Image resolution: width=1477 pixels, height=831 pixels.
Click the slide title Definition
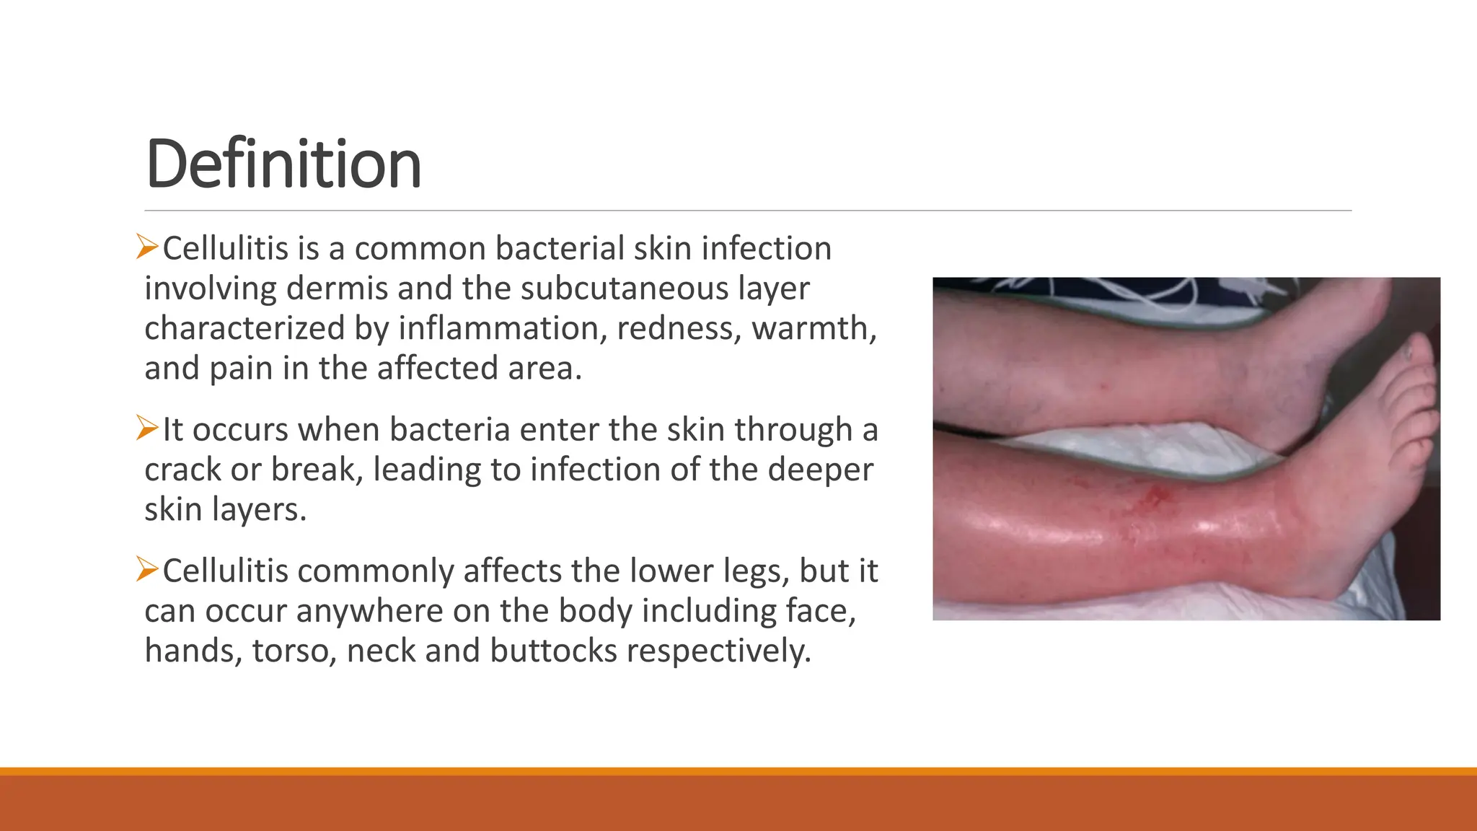[x=283, y=164]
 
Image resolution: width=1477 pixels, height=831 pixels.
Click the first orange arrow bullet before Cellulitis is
[x=147, y=247]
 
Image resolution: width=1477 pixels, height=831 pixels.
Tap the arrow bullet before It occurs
[x=147, y=428]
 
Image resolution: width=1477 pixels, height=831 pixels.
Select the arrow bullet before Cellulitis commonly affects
[x=147, y=570]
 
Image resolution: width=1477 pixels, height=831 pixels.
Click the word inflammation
[x=498, y=328]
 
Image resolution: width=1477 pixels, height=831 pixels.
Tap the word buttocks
[x=553, y=651]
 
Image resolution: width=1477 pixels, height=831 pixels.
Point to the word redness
[x=678, y=328]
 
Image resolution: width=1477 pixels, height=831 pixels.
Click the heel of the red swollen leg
[x=1334, y=588]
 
